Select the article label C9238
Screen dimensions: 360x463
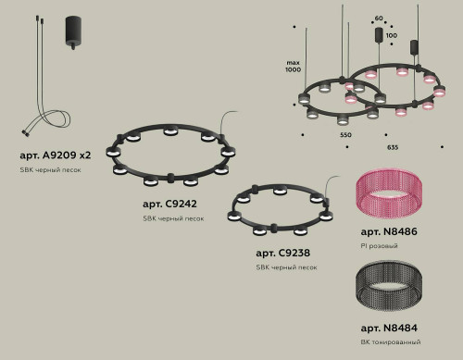tap(284, 252)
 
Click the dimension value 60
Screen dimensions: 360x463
tap(378, 18)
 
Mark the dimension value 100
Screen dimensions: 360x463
tap(391, 35)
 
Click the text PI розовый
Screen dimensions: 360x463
tap(379, 246)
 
